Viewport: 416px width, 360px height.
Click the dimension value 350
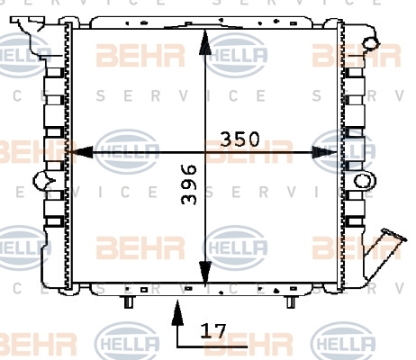[x=240, y=139]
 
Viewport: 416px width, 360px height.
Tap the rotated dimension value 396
[x=189, y=184]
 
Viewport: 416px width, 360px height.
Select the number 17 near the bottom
[x=213, y=330]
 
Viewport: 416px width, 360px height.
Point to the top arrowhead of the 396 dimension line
[x=205, y=42]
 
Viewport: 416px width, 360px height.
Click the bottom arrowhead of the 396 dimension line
[x=205, y=273]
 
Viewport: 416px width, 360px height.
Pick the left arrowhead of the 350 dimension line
[x=80, y=152]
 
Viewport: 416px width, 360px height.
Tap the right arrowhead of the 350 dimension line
[x=325, y=152]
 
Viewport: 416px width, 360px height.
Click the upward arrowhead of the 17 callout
[x=177, y=312]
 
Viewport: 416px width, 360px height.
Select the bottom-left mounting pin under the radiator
[x=129, y=301]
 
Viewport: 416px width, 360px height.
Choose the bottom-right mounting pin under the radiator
[x=290, y=301]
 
